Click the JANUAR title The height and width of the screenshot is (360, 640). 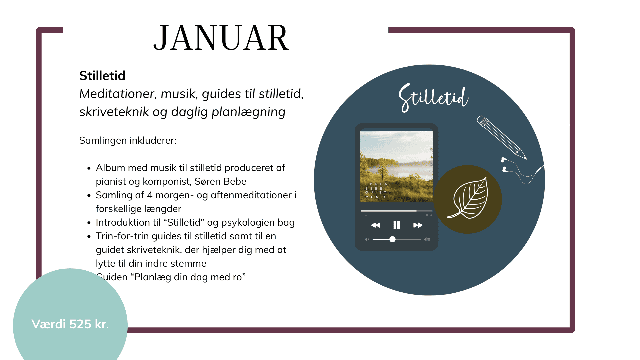coord(221,38)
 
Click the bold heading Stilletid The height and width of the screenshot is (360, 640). coord(102,76)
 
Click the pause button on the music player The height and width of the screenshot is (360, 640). coord(396,225)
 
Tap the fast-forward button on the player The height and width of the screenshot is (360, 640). coord(418,225)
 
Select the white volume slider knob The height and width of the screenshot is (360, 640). coord(392,239)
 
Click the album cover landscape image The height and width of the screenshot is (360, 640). coord(396,166)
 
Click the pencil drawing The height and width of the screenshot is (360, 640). coord(501,137)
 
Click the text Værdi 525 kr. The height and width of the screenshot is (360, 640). coord(70,324)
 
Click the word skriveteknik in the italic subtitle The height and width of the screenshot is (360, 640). coord(114,112)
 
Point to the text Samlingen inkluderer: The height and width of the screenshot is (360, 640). coord(128,141)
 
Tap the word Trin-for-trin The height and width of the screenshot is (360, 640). coord(122,236)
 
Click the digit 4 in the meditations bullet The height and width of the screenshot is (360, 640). coord(150,195)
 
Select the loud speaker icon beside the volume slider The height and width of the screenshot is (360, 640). coord(427,239)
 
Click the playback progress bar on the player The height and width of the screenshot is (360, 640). coord(396,211)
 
